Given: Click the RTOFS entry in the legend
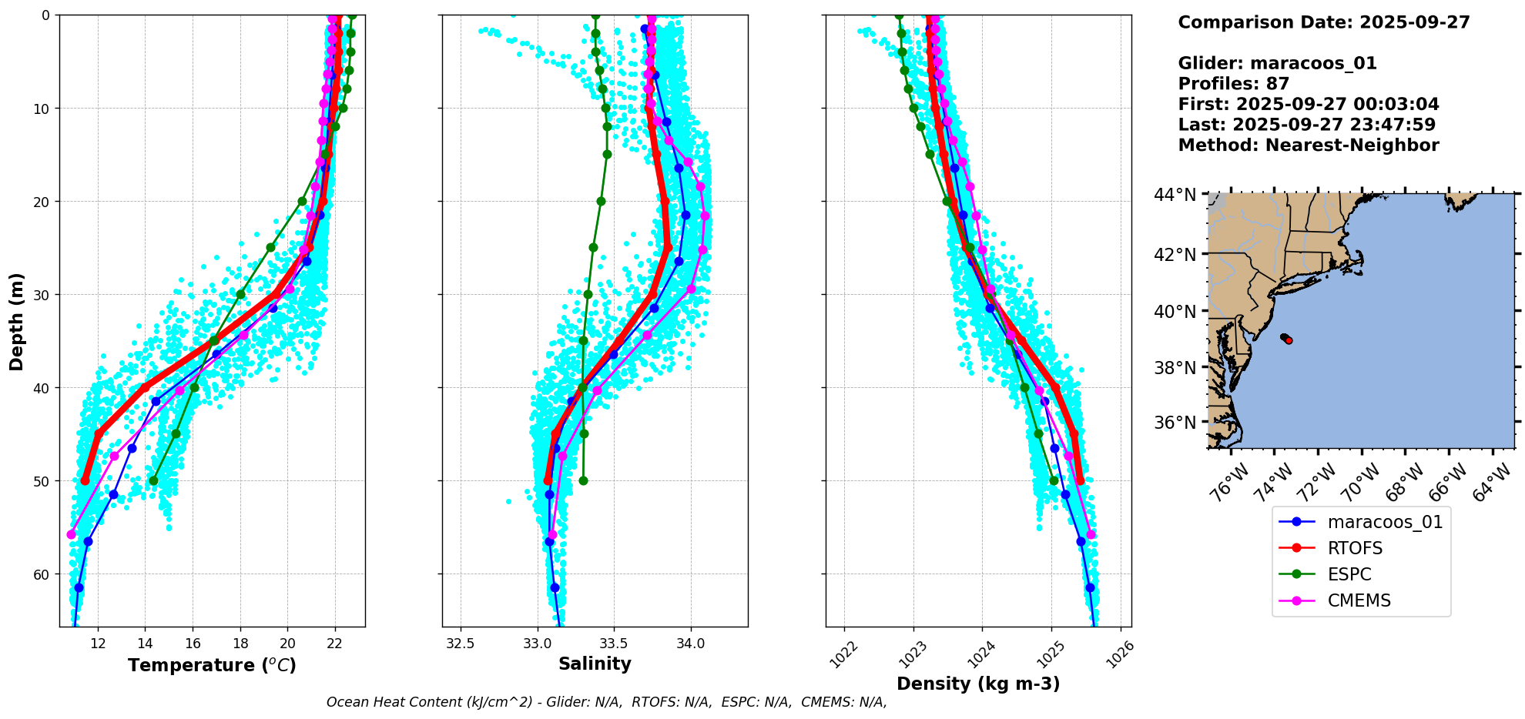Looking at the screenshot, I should pyautogui.click(x=1355, y=548).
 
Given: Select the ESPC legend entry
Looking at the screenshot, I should pyautogui.click(x=1349, y=574).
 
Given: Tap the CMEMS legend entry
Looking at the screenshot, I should pyautogui.click(x=1359, y=600).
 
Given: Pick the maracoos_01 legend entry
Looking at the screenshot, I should pyautogui.click(x=1385, y=522).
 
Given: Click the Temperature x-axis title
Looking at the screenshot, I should pyautogui.click(x=212, y=665).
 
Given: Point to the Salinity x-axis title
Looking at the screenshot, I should pyautogui.click(x=595, y=664).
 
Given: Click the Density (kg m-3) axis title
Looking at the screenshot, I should pyautogui.click(x=978, y=684).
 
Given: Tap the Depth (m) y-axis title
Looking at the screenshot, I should pyautogui.click(x=17, y=321).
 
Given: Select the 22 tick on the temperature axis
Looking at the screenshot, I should pyautogui.click(x=335, y=644).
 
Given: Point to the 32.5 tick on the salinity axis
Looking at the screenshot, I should pyautogui.click(x=461, y=644).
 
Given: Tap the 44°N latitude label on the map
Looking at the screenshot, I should pyautogui.click(x=1175, y=195).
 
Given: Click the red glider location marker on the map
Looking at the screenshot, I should pyautogui.click(x=1289, y=340).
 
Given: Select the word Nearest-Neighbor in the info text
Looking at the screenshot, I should pyautogui.click(x=1352, y=145).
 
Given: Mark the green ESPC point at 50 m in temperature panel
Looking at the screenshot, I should pyautogui.click(x=153, y=481).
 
